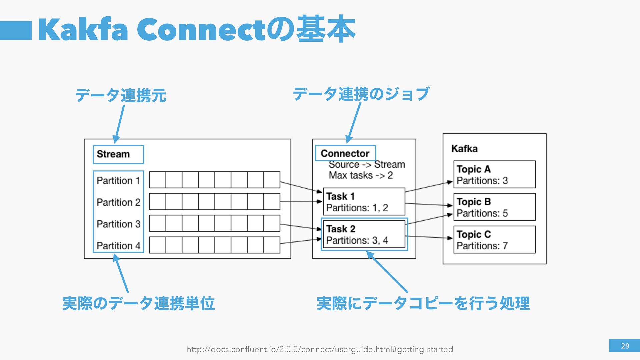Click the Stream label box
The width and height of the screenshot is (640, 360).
(x=118, y=154)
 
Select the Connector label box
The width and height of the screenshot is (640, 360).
(x=345, y=153)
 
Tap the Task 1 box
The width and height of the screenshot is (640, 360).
(x=364, y=202)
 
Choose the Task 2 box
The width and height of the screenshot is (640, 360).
(x=364, y=234)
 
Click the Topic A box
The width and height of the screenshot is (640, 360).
(x=494, y=174)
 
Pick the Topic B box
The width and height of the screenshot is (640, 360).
(x=494, y=207)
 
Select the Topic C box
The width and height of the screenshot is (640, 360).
(x=494, y=240)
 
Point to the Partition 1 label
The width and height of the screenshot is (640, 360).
(x=118, y=181)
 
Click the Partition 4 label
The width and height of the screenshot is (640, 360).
(x=118, y=246)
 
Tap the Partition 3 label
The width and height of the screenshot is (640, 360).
(x=118, y=224)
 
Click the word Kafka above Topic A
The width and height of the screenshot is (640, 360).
(x=464, y=149)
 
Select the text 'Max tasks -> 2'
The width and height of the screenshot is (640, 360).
(x=361, y=175)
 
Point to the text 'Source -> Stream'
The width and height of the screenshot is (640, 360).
(x=367, y=165)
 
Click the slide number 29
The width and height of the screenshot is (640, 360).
(x=624, y=346)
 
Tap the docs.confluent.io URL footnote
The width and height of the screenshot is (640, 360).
(x=320, y=349)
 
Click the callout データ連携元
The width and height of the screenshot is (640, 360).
(x=121, y=95)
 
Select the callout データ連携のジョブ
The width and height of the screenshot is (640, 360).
(x=361, y=94)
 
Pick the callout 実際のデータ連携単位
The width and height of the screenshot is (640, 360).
(x=138, y=303)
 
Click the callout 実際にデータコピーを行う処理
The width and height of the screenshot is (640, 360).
(x=423, y=303)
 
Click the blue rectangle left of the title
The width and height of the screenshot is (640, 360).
(x=16, y=31)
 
